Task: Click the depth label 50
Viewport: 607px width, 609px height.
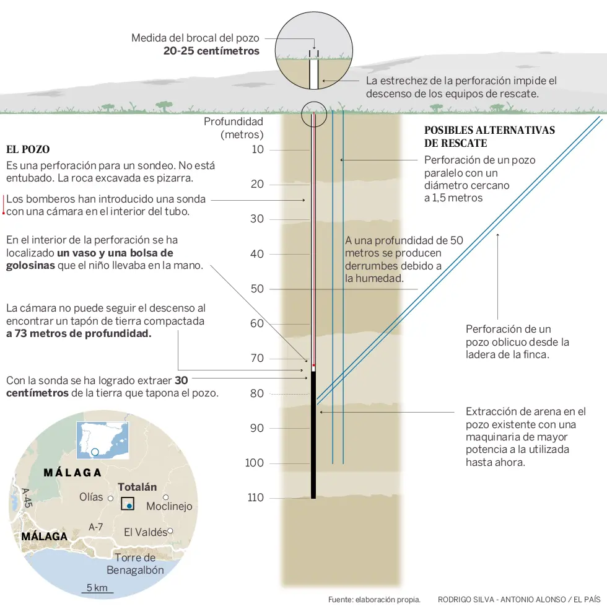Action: point(257,289)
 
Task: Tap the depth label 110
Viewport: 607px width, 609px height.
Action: point(256,497)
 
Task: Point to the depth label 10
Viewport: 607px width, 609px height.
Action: point(258,149)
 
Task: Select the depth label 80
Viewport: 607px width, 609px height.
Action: point(257,393)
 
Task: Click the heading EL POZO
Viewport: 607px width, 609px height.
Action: point(28,149)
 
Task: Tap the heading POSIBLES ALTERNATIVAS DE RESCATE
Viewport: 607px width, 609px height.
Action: point(489,137)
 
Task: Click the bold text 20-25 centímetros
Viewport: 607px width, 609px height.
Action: point(211,51)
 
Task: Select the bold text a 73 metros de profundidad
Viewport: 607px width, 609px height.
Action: point(79,334)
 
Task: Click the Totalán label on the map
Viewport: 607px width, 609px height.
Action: point(138,487)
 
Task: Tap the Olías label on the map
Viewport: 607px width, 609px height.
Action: point(91,497)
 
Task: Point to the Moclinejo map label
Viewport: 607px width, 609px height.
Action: point(169,506)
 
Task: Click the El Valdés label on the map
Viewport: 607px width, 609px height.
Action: point(145,532)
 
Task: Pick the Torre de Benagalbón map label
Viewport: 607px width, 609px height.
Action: point(135,564)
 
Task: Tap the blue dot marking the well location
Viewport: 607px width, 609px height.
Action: point(129,506)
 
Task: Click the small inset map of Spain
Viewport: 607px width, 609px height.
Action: point(103,440)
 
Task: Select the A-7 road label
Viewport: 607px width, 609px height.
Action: point(95,527)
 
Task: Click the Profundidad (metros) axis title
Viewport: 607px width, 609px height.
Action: point(234,128)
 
